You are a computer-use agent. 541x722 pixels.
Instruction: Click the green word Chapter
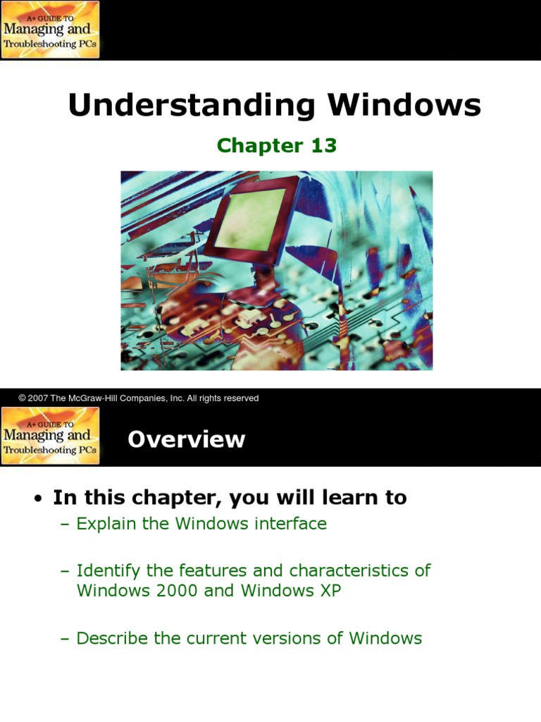[x=259, y=145]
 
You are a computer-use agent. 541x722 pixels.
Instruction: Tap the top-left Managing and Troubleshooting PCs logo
[x=50, y=30]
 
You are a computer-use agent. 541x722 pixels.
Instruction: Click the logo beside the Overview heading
[x=50, y=436]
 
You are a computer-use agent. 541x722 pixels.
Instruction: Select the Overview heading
[x=187, y=439]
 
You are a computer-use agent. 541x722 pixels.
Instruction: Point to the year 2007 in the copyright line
[x=39, y=398]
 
